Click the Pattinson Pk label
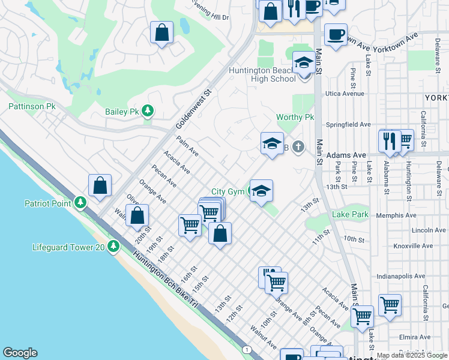point(32,106)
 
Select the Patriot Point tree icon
point(79,203)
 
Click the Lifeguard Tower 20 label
point(68,247)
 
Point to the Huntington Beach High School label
point(262,74)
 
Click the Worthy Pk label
point(295,117)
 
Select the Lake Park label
point(350,214)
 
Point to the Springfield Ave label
point(348,124)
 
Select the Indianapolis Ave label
point(403,277)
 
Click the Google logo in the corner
point(20,353)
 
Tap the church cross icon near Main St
point(298,146)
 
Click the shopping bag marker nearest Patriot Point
point(100,186)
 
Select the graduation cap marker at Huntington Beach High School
point(304,62)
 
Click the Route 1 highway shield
point(246,349)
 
